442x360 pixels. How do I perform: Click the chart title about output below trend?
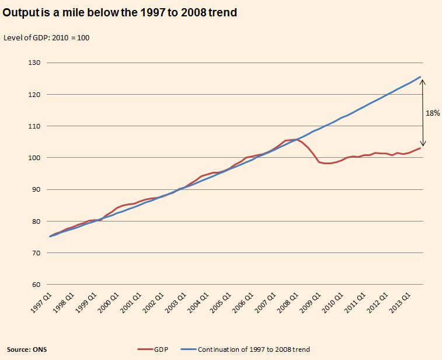coord(120,12)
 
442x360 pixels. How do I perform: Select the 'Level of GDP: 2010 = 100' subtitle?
coord(46,38)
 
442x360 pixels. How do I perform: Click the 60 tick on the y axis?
coord(33,285)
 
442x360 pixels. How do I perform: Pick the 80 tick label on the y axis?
coord(33,221)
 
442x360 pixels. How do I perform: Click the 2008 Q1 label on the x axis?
coord(286,303)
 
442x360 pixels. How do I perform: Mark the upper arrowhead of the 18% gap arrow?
coord(423,81)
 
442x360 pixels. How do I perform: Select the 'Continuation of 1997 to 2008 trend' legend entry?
coord(253,349)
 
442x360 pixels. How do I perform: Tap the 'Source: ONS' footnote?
coord(27,349)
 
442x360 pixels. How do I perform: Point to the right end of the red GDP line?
coord(420,148)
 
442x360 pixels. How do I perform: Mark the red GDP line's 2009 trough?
coord(326,164)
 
